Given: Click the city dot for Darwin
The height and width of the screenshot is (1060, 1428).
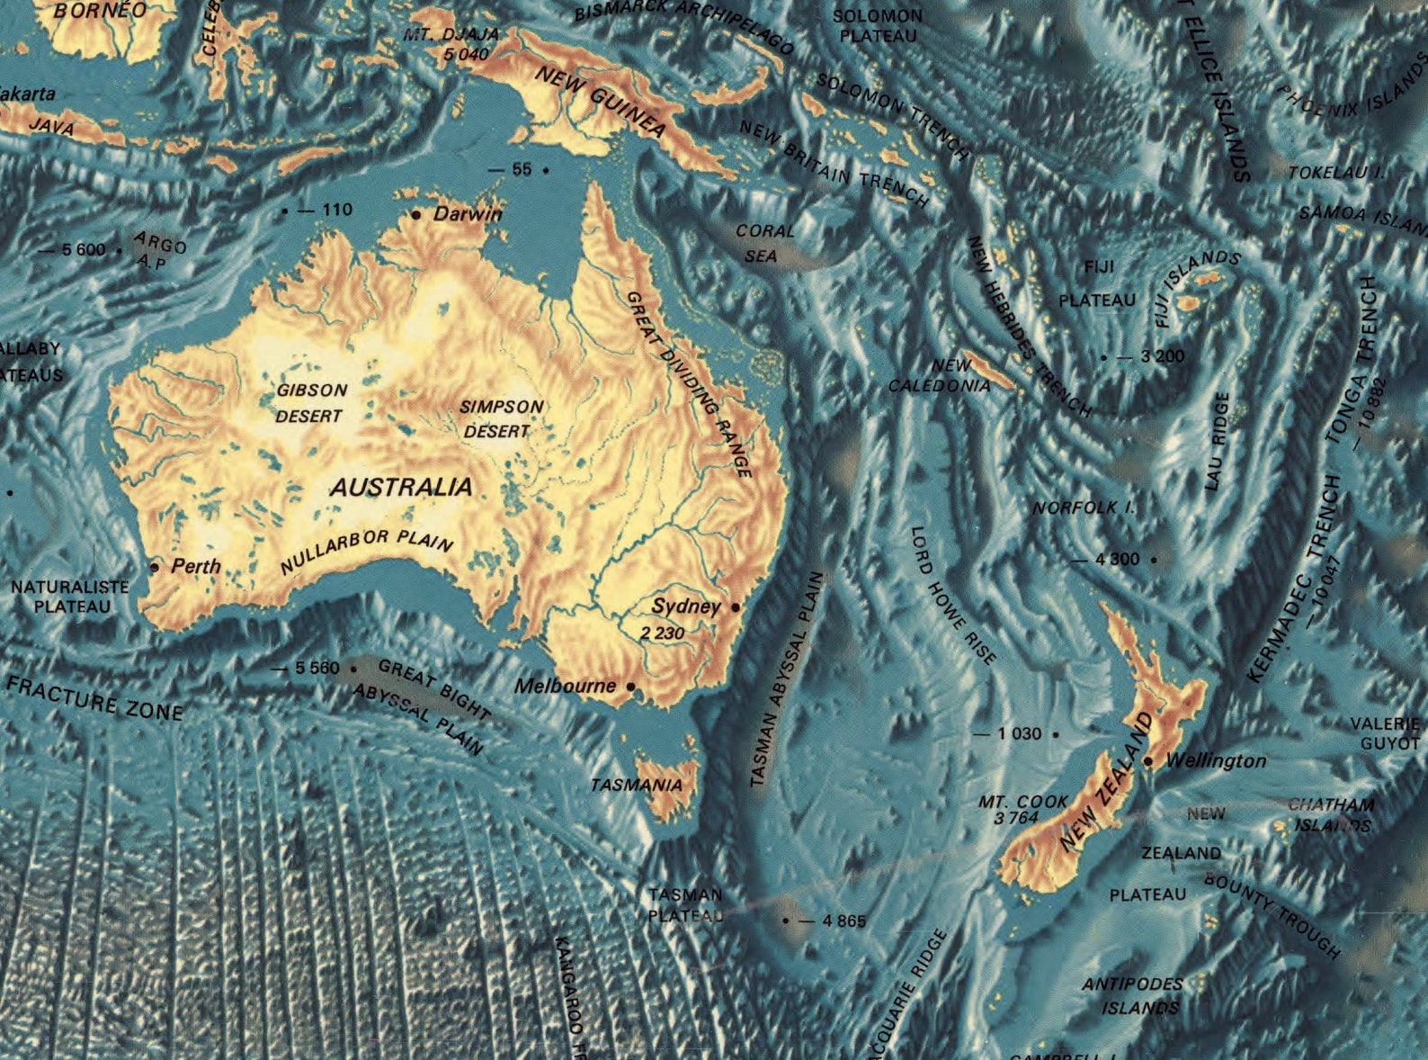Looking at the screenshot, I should coord(416,214).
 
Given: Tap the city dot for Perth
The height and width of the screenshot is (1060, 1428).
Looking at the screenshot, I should coord(155,567).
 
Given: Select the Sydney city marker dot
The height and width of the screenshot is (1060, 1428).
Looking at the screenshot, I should coord(736,607).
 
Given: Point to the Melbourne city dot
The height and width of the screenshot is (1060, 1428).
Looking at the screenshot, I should coord(630,687).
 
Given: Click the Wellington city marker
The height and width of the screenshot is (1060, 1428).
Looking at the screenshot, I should coord(1148,761).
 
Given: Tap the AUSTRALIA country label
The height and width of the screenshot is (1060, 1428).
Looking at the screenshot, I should coord(401,488).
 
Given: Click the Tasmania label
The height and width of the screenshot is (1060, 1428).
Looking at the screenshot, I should coord(636,786).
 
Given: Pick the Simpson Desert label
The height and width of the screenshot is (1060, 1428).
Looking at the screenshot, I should coord(500,419).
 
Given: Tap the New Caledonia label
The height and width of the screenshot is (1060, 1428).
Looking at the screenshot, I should coord(941,376).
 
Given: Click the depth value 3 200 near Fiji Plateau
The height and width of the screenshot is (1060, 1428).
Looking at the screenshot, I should coord(1162,356).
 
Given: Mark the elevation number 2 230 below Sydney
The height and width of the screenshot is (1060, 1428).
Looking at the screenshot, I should coord(663,633).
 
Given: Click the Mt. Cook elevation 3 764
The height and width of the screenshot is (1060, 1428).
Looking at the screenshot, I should coord(1016,818).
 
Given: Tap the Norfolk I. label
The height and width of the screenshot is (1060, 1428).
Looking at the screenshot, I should coord(1083,508).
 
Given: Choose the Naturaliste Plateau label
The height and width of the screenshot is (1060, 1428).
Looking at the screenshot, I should coord(70,597).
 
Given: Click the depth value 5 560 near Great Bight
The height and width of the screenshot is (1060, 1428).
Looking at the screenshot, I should coord(317,669).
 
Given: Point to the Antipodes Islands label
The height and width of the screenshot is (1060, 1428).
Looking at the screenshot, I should coord(1133,995).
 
